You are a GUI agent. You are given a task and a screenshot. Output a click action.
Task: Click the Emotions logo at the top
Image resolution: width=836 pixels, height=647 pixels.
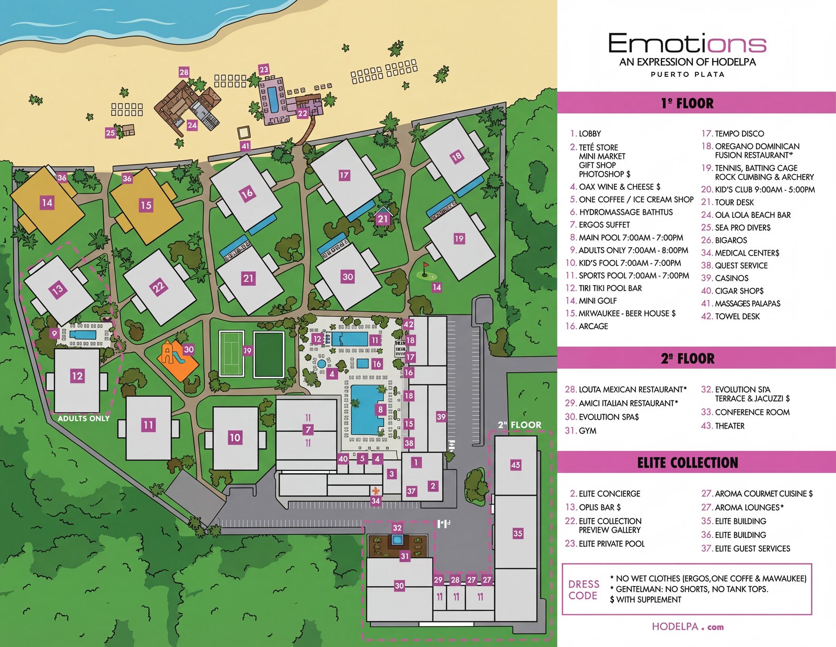[x=687, y=44]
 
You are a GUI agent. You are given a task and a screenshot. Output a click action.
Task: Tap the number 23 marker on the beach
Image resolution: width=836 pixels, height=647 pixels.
[x=264, y=70]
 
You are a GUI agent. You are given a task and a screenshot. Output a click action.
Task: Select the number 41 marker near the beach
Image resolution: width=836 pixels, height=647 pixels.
[x=245, y=146]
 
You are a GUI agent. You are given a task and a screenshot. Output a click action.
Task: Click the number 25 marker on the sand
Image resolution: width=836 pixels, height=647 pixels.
[x=110, y=133]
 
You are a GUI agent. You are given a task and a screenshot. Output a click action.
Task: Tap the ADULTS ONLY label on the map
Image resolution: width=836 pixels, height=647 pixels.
[x=84, y=419]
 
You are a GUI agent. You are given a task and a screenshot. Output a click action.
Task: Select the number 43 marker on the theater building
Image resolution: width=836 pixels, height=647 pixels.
[x=516, y=465]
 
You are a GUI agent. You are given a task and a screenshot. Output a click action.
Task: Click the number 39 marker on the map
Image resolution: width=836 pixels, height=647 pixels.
[x=441, y=417]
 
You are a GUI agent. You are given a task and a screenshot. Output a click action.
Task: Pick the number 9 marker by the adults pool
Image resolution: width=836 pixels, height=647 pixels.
[x=54, y=333]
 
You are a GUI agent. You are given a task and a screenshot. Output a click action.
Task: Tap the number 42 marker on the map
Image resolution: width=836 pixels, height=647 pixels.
[x=409, y=325]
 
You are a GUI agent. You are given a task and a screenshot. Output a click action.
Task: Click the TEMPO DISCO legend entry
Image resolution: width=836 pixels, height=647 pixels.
[x=739, y=134]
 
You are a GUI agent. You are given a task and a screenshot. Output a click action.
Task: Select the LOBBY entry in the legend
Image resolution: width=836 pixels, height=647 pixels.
[x=589, y=134]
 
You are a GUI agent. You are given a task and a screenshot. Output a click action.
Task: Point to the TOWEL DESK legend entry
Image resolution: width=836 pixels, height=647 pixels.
[x=737, y=316]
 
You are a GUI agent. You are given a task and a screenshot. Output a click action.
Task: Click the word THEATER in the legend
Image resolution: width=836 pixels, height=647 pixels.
[x=729, y=426]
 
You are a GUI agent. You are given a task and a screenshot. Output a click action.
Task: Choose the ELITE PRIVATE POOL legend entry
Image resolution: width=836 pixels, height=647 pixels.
[x=611, y=544]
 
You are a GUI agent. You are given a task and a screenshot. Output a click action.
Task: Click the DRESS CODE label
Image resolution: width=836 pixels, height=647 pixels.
[x=583, y=590]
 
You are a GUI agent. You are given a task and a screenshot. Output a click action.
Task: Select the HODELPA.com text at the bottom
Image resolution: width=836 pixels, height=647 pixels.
[x=688, y=627]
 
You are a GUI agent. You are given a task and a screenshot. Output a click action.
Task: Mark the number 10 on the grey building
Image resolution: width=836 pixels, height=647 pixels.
[x=235, y=437]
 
